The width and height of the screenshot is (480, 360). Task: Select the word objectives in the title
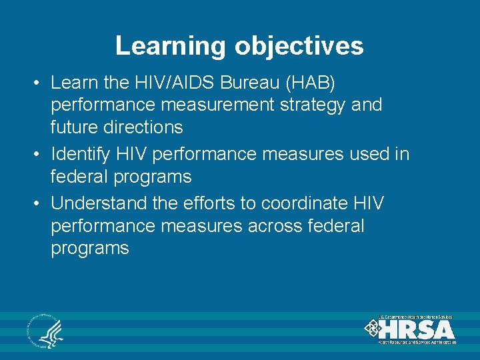(x=299, y=46)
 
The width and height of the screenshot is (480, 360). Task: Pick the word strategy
(x=319, y=105)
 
